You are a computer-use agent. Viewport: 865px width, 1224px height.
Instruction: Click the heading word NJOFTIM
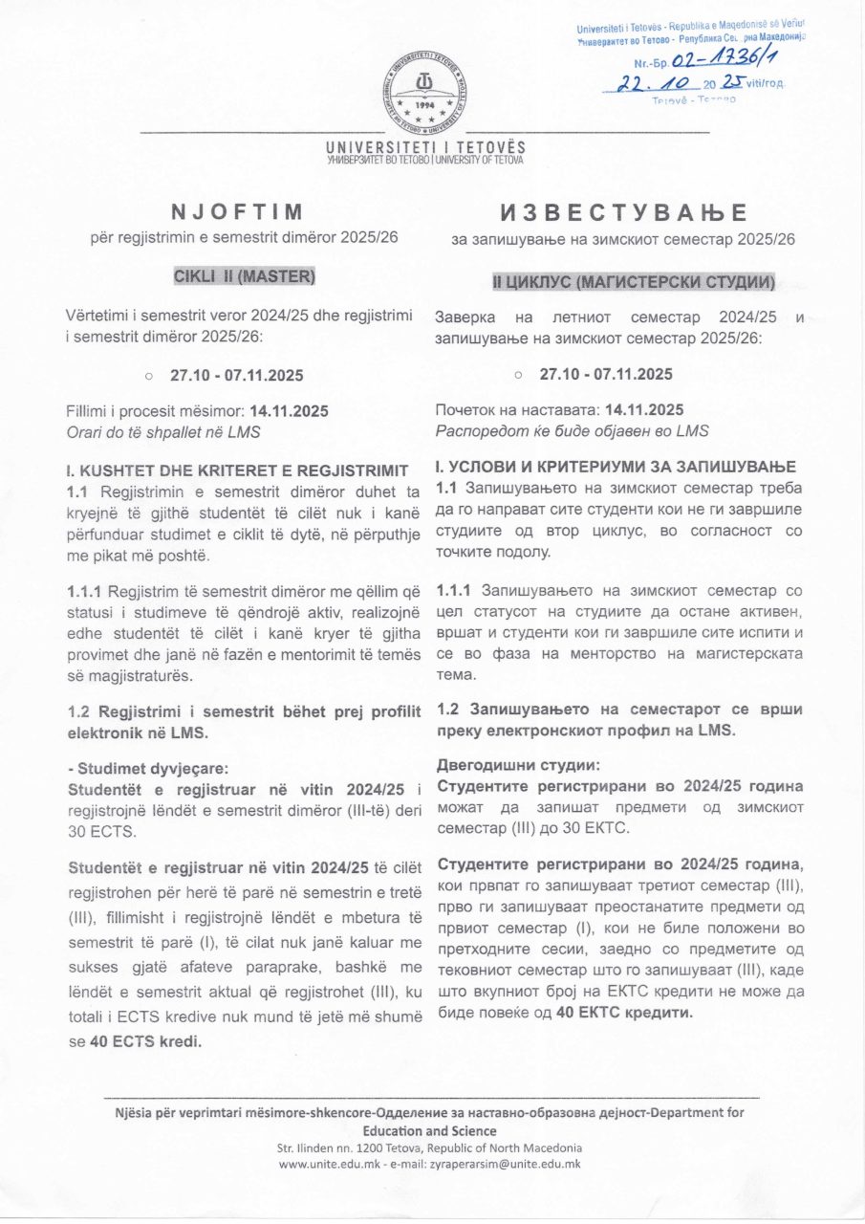[x=236, y=211]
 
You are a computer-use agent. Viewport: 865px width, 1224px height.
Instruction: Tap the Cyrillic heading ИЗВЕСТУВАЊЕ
[x=623, y=212]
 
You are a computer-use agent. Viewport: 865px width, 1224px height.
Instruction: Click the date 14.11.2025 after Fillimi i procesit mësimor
[x=289, y=411]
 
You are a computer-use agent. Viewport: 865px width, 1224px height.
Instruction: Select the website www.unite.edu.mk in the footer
[x=327, y=1164]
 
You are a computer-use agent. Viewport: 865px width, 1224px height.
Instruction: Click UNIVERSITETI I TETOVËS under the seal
[x=425, y=148]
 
